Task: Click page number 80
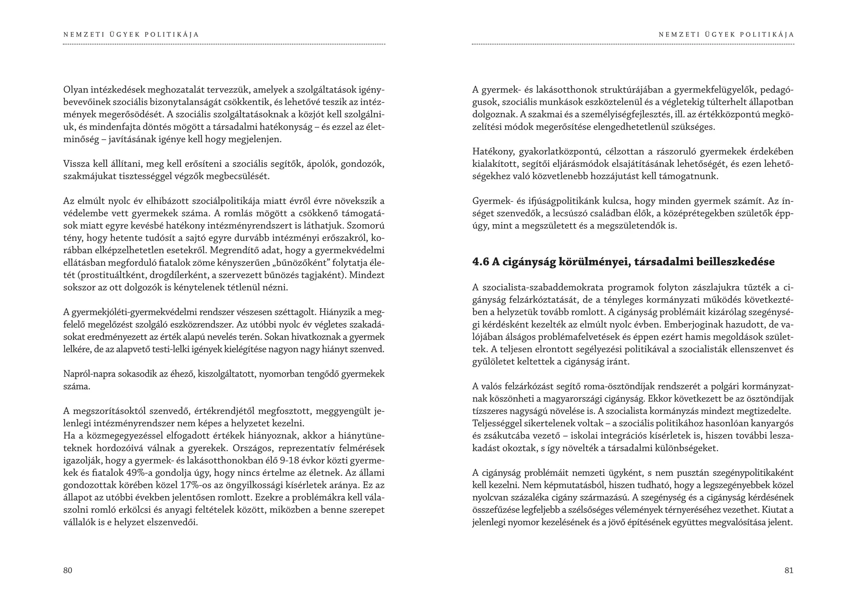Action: [67, 570]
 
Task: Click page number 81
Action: [788, 570]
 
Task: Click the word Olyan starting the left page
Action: [74, 90]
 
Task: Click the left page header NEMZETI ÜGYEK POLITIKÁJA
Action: [131, 35]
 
